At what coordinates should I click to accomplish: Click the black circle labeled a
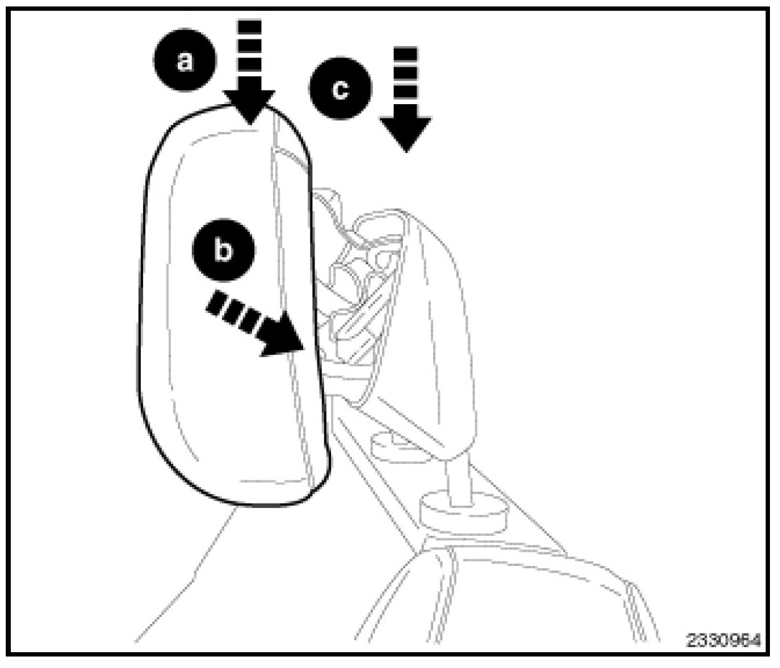[x=185, y=63]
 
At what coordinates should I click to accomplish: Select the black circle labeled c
[x=340, y=91]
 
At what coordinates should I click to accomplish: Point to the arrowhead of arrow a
[x=249, y=108]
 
